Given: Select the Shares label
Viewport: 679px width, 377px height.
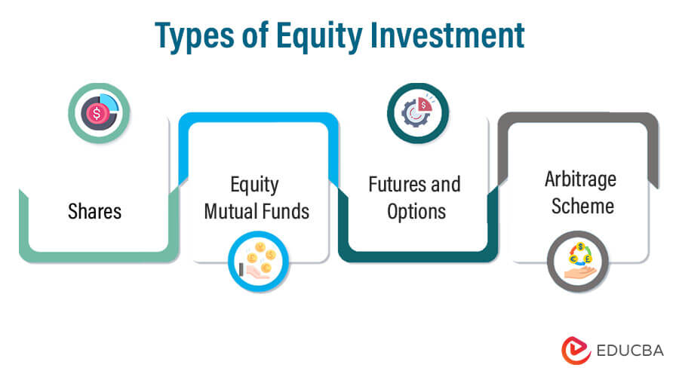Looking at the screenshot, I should (x=94, y=212).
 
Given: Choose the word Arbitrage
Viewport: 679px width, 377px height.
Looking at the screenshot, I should (x=580, y=180).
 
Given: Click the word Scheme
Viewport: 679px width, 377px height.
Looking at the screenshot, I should (x=580, y=207).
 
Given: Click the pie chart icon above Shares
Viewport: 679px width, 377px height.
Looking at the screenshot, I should (x=99, y=112).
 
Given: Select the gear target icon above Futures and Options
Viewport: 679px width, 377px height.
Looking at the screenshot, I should (x=418, y=112).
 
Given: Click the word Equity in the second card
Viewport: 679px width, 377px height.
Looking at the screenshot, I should (x=255, y=184).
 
